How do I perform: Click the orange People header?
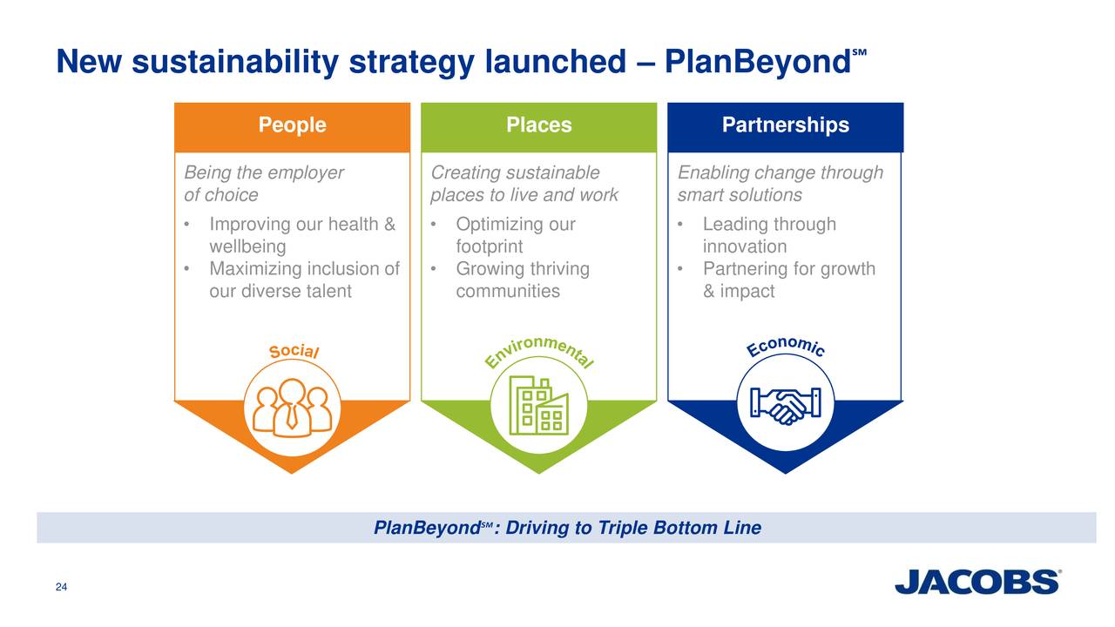[x=292, y=126]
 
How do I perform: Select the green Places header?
[x=538, y=126]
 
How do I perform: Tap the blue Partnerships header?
[x=785, y=126]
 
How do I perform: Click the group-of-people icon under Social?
[x=292, y=406]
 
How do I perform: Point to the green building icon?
[x=538, y=406]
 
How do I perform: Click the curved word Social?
[x=294, y=351]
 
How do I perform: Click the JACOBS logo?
[x=977, y=582]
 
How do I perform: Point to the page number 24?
[x=61, y=587]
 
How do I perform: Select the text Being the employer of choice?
[x=264, y=184]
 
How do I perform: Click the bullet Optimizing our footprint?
[x=515, y=236]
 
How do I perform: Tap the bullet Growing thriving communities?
[x=522, y=280]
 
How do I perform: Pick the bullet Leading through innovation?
[x=768, y=236]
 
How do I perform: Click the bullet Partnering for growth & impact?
[x=787, y=280]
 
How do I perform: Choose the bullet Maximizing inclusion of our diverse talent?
[x=303, y=280]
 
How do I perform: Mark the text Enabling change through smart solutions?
[x=780, y=184]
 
